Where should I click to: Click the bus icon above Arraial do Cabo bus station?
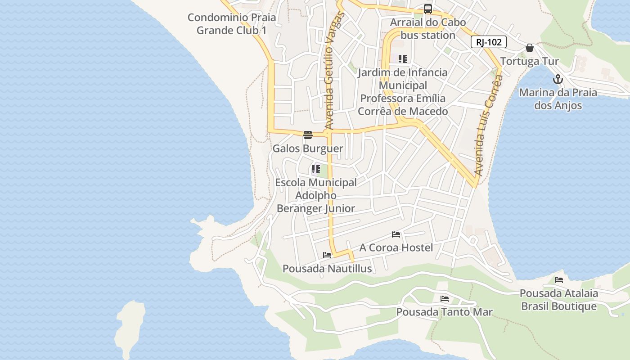tap(427, 9)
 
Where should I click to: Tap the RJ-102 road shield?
tap(489, 42)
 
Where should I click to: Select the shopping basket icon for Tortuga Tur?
tap(530, 48)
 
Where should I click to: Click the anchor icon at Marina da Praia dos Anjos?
tap(558, 80)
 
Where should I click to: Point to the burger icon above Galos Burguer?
tap(308, 135)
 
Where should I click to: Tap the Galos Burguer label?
tap(308, 148)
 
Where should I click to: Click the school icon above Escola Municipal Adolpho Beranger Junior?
tap(315, 170)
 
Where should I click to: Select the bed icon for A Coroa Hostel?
tap(396, 234)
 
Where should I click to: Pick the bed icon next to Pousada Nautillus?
tap(327, 255)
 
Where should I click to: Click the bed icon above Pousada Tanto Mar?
tap(445, 298)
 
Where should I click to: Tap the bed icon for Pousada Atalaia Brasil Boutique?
tap(559, 280)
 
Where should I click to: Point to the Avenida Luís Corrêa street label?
tap(488, 126)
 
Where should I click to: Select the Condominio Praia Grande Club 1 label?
tap(232, 24)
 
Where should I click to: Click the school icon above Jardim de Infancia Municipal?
tap(403, 59)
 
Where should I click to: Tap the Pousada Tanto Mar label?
tap(445, 312)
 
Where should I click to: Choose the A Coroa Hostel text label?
tap(396, 247)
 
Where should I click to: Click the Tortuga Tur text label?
tap(530, 61)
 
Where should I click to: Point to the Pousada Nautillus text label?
tap(327, 269)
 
